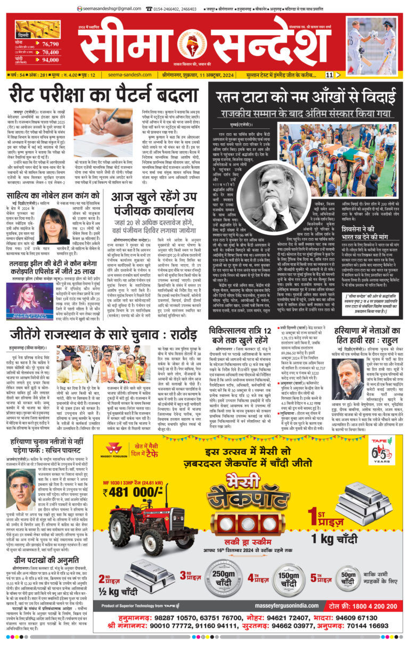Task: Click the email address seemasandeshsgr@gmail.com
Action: [109, 8]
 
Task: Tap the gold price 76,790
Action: [50, 44]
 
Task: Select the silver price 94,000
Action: [50, 61]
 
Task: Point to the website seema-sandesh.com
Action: [130, 76]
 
